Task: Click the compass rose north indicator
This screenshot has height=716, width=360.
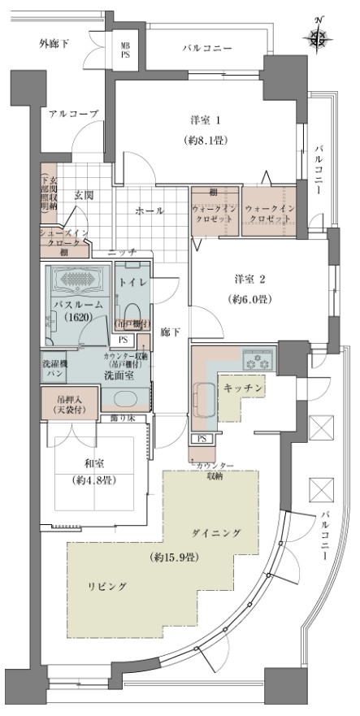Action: point(319,35)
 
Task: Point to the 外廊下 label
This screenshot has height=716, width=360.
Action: point(54,42)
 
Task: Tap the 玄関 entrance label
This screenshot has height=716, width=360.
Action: point(84,196)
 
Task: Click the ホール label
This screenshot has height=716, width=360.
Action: point(150,210)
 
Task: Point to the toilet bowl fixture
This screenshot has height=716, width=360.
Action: point(130,311)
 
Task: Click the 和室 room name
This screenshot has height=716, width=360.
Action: point(95,466)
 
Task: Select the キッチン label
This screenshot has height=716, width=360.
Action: point(242,388)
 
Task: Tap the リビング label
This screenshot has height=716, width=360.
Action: point(108,586)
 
